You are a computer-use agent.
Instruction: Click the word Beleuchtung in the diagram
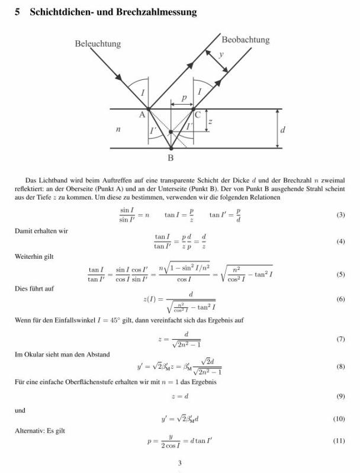98,44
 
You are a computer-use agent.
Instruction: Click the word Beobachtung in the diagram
245,40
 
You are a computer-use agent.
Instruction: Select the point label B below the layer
171,158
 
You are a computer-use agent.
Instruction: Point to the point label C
198,115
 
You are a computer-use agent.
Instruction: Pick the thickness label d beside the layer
282,130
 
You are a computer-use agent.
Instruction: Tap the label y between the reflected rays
221,54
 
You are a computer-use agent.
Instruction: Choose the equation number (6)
340,300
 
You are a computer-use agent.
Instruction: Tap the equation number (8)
340,367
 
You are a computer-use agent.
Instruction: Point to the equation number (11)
339,441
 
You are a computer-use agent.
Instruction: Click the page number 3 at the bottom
179,463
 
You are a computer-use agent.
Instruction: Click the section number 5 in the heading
18,12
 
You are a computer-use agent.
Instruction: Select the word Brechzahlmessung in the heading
160,12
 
